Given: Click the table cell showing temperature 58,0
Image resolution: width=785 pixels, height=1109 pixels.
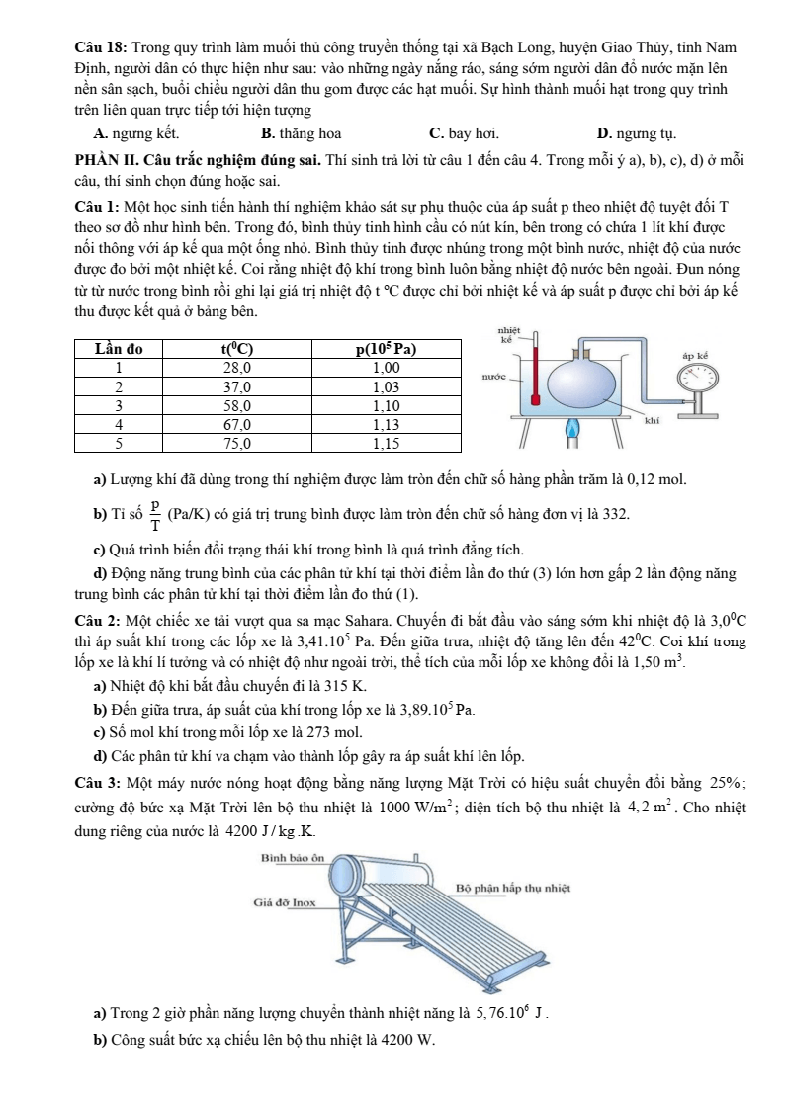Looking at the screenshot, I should pos(234,405).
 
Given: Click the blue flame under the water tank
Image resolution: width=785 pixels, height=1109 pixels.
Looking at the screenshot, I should pos(570,431).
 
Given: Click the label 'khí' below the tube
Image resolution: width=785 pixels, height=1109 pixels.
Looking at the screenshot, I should pos(651,420).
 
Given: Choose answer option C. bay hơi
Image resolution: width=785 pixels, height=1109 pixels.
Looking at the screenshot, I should pos(464,132).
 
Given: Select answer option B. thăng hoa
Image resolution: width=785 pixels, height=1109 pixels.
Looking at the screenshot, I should pos(301,132).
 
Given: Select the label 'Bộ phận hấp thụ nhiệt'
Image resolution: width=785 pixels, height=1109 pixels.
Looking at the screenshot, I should pos(514,887).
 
